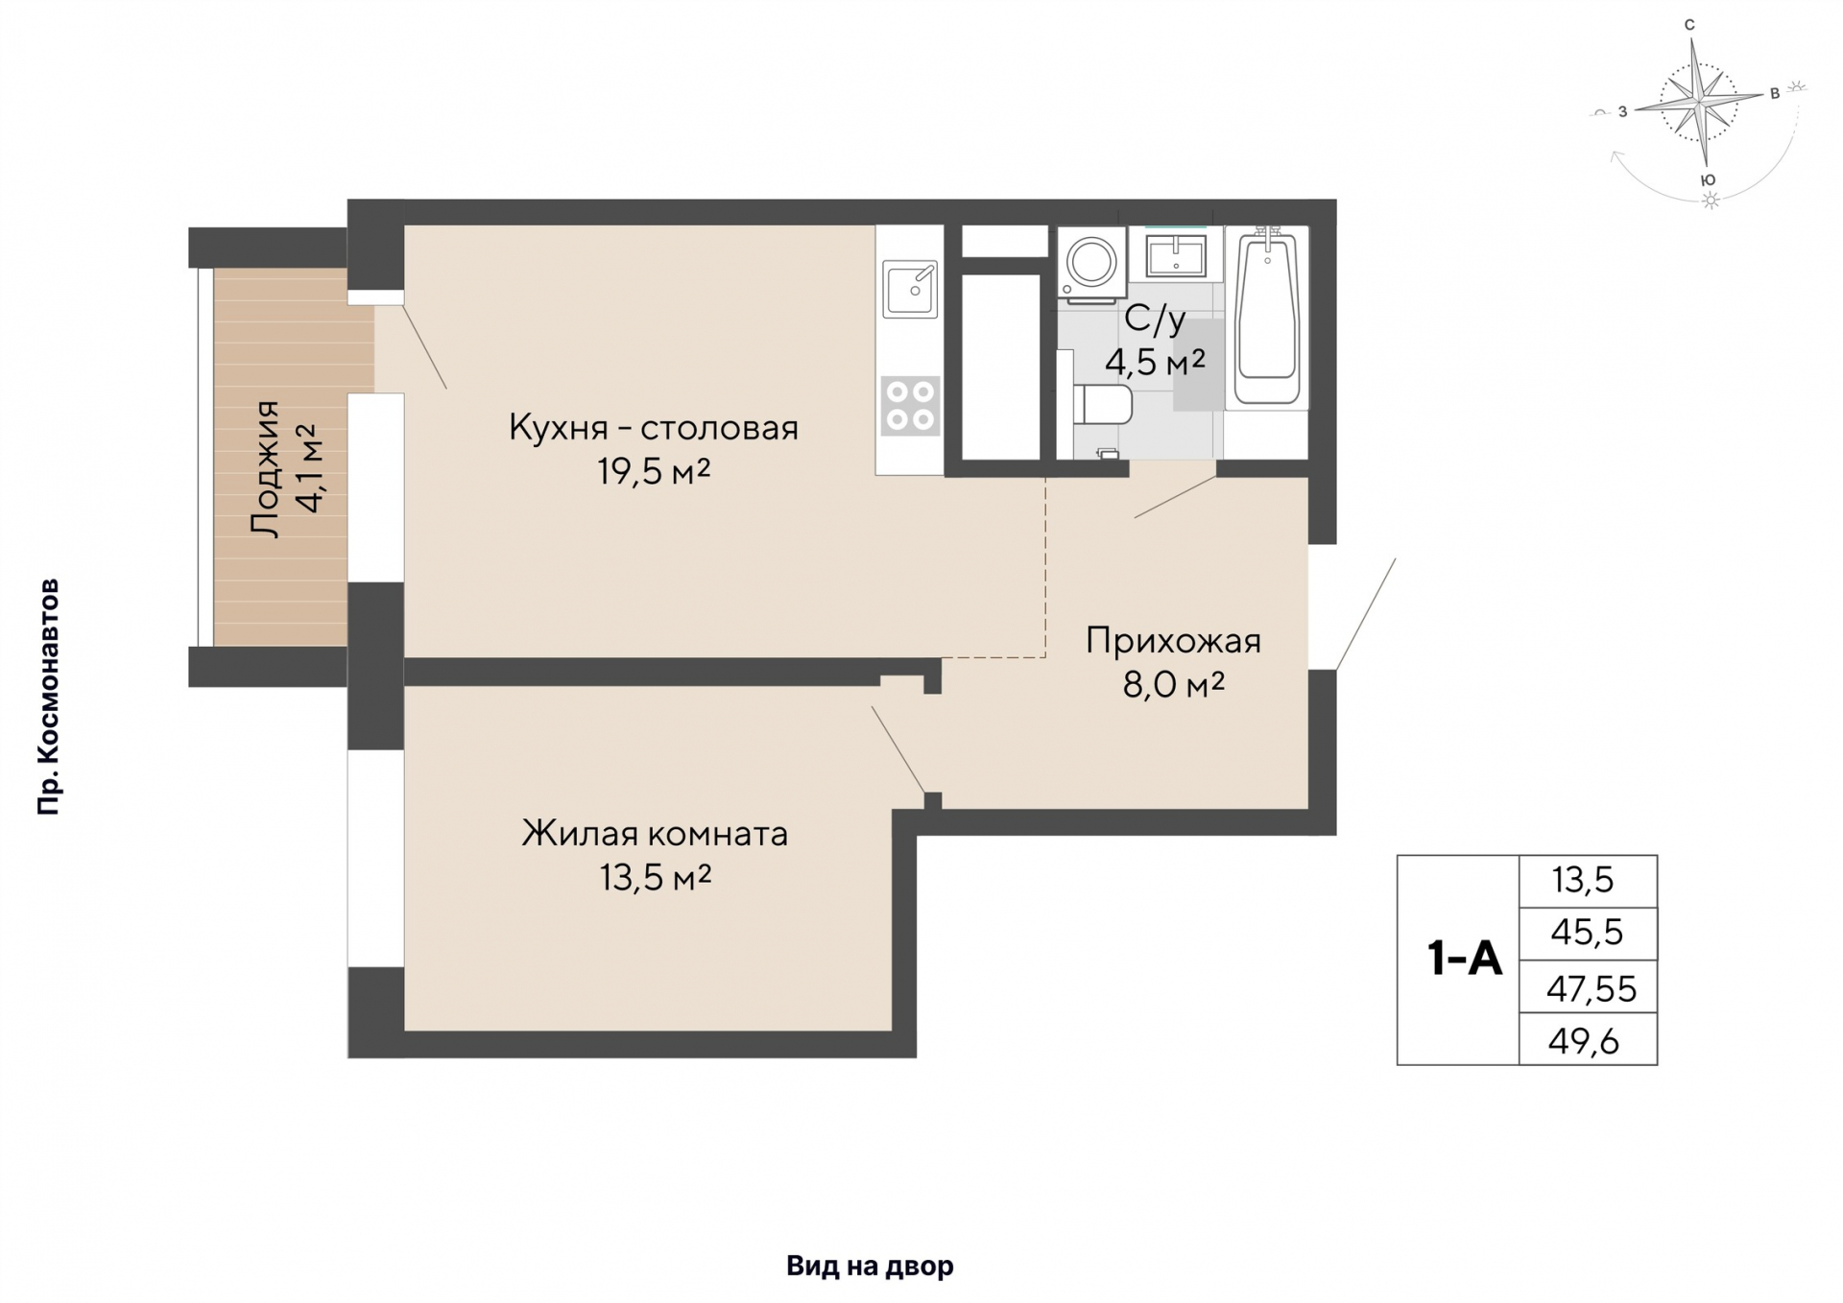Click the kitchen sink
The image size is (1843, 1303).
910,289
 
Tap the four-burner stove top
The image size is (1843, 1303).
910,405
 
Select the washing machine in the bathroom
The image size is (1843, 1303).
1091,263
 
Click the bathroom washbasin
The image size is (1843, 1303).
1176,254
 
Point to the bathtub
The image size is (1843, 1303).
1268,317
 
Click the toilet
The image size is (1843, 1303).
1102,404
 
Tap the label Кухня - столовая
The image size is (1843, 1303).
654,427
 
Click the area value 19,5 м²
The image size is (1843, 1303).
654,471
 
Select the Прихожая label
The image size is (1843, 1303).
1173,640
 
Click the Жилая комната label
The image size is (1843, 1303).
655,833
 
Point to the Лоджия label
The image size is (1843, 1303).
263,468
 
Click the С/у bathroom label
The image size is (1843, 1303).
1155,319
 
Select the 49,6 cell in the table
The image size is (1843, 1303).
1588,1039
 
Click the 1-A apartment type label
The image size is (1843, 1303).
1464,958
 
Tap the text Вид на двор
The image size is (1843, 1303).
870,1266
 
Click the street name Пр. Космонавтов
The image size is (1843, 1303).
48,697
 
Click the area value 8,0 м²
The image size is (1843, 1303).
1173,684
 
